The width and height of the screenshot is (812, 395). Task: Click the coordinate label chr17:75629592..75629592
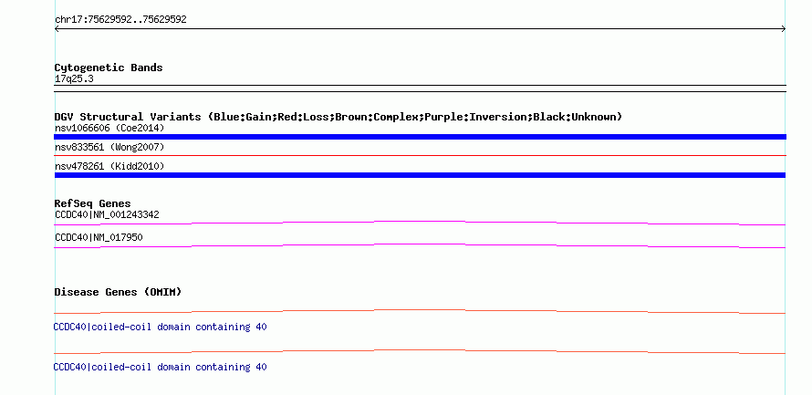120,20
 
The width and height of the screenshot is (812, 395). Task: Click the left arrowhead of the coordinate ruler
56,29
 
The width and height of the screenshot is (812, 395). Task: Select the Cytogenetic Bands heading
109,68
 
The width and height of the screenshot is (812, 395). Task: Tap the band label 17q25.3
74,79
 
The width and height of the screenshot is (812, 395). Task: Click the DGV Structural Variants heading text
128,117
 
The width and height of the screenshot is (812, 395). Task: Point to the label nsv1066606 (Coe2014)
109,128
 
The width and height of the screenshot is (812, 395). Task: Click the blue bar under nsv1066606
420,137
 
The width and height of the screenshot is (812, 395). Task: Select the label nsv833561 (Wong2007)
109,148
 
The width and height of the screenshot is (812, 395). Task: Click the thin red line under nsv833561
420,155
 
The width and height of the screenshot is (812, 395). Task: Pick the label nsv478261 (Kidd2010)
109,166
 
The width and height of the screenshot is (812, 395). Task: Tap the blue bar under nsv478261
420,175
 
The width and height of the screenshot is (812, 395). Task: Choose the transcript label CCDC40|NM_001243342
107,215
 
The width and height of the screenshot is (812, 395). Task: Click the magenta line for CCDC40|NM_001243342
420,222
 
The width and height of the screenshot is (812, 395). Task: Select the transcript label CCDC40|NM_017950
99,237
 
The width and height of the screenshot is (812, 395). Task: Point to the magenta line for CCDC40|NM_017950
420,244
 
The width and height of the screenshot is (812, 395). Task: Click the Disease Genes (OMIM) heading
118,292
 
